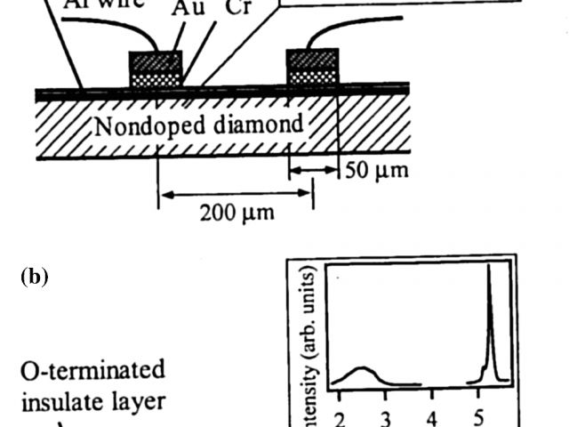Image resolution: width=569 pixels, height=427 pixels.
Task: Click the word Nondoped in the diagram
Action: coord(144,125)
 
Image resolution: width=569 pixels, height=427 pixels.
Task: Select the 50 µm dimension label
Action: coord(377,169)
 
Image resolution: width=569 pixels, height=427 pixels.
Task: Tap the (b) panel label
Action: coord(34,276)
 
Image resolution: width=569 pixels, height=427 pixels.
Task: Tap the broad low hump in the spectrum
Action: coord(360,370)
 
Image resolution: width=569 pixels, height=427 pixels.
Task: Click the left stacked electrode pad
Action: coord(156,68)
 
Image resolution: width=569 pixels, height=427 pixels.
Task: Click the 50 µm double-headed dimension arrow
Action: coord(314,168)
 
